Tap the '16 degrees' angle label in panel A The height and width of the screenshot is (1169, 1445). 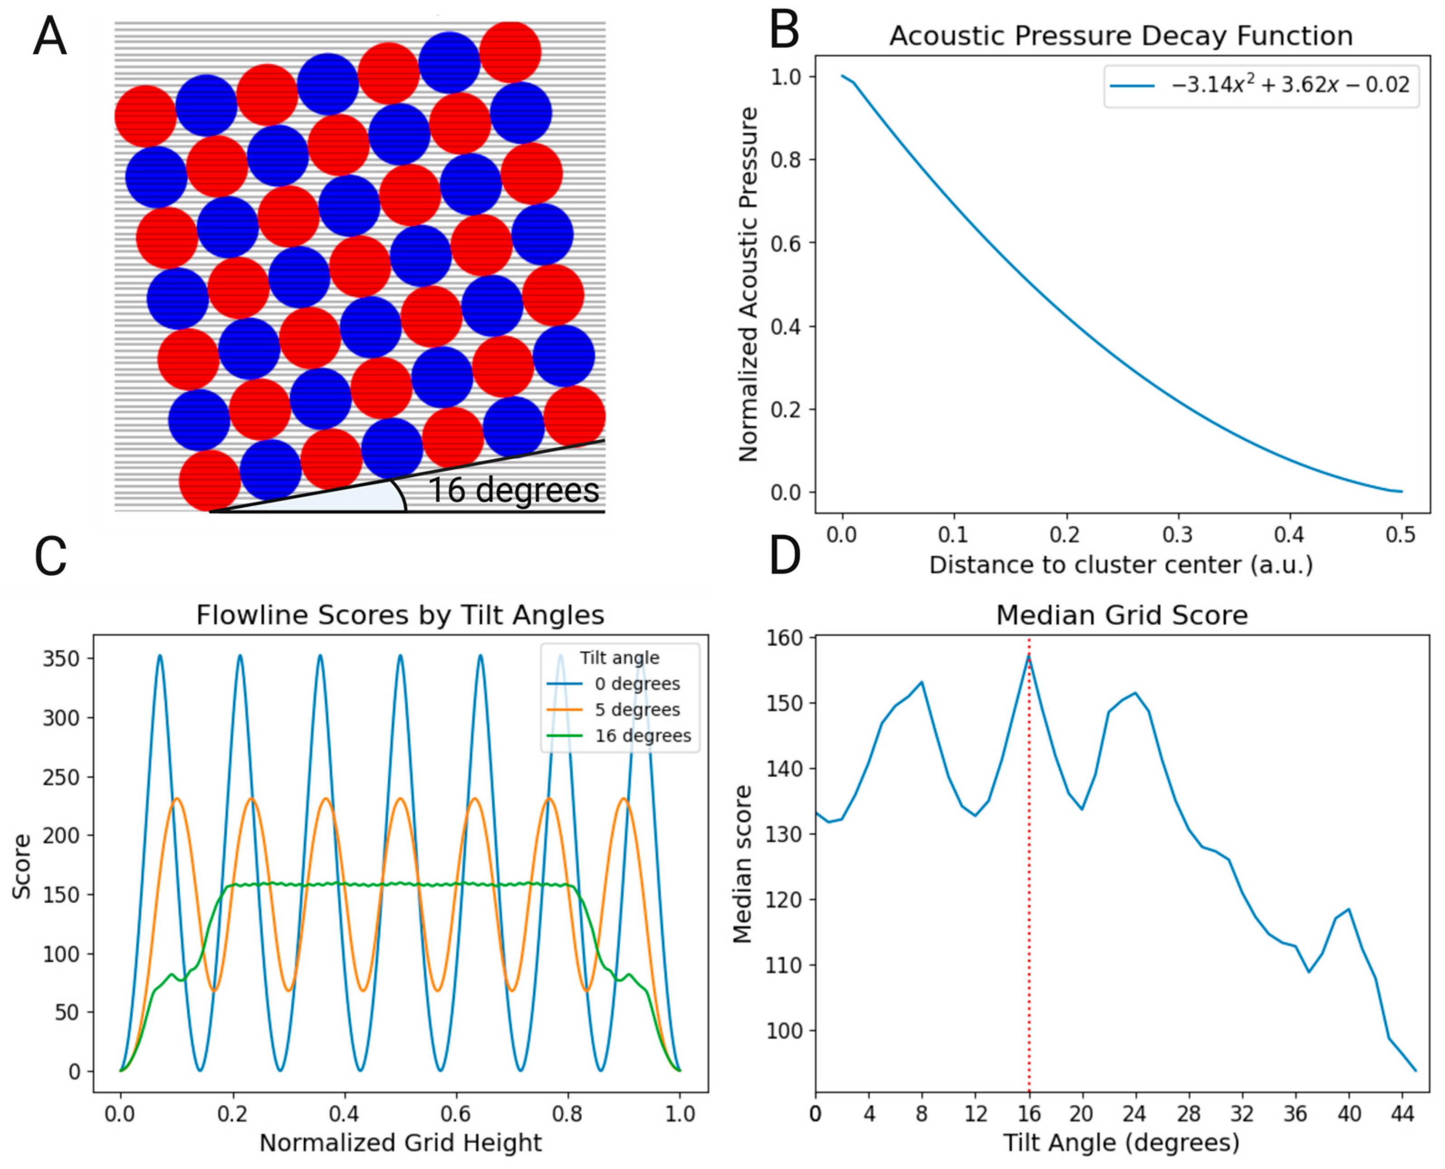pos(513,490)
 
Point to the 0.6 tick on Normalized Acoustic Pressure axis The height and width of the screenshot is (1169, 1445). pos(786,243)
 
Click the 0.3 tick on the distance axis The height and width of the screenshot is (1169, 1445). pos(1177,535)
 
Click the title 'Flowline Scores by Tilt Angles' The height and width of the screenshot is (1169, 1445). pos(400,615)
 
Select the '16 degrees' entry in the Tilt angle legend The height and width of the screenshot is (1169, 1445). pos(642,735)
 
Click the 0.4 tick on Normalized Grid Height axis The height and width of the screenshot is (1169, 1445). pos(344,1114)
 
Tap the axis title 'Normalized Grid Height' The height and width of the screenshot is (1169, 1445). pos(400,1143)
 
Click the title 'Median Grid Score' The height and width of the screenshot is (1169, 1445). pos(1122,615)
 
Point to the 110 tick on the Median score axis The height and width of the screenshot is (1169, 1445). pos(785,965)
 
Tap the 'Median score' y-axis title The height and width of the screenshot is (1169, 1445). pos(742,864)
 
